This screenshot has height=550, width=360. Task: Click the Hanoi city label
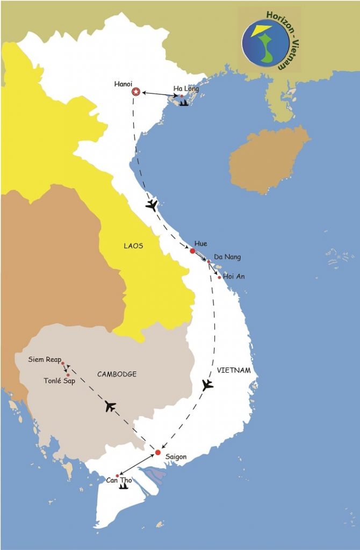click(124, 84)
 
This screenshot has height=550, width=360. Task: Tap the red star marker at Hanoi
click(136, 92)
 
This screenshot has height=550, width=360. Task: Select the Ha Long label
click(186, 89)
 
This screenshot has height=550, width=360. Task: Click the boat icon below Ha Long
click(184, 102)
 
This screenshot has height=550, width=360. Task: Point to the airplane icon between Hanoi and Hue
click(152, 205)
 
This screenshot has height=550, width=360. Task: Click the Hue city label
click(201, 244)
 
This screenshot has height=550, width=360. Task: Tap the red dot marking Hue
click(192, 251)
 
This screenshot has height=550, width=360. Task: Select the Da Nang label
click(227, 257)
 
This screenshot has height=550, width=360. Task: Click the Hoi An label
click(233, 277)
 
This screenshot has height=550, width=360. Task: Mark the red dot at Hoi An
click(219, 277)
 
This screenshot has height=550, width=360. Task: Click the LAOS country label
click(134, 247)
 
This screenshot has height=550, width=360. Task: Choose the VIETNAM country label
click(234, 371)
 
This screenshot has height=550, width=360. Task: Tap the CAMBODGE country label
click(117, 374)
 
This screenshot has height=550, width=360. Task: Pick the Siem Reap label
click(45, 359)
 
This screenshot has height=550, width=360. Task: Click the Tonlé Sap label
click(59, 381)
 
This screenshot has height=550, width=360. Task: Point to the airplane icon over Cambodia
click(111, 406)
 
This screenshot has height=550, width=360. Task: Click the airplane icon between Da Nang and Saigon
click(207, 385)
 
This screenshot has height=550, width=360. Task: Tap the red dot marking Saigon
click(157, 452)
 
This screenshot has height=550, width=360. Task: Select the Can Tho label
click(119, 480)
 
